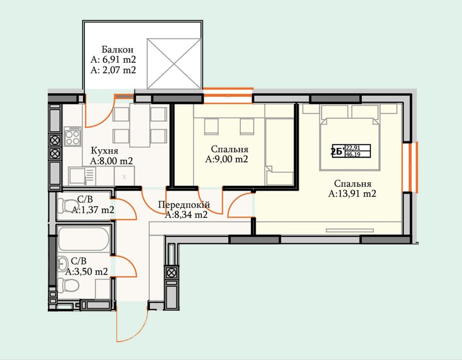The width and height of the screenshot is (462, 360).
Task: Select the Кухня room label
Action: pos(104,150)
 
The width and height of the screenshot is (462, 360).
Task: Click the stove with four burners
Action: pos(73,136)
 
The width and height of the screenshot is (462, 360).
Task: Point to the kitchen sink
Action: pos(77,176)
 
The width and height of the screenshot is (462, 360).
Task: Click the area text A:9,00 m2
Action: pos(226,159)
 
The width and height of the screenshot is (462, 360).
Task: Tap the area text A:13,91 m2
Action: pos(352,194)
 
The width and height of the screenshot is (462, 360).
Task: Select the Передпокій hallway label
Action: pos(184,204)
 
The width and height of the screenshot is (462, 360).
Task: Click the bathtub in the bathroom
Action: pos(84,239)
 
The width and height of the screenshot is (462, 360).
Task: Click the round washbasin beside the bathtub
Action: pos(62,263)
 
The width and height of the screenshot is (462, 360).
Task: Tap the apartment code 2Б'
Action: pos(337,151)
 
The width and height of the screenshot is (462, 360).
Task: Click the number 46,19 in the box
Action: pos(353,154)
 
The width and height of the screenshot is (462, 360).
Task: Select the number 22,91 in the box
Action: pos(353,148)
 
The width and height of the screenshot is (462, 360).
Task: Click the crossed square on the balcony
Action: pos(174,63)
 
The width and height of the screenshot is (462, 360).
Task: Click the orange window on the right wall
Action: pos(410,167)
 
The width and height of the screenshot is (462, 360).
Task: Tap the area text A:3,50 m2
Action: pos(86,271)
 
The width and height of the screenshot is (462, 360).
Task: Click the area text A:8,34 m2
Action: pos(186,215)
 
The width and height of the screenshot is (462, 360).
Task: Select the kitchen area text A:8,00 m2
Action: pos(111,161)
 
